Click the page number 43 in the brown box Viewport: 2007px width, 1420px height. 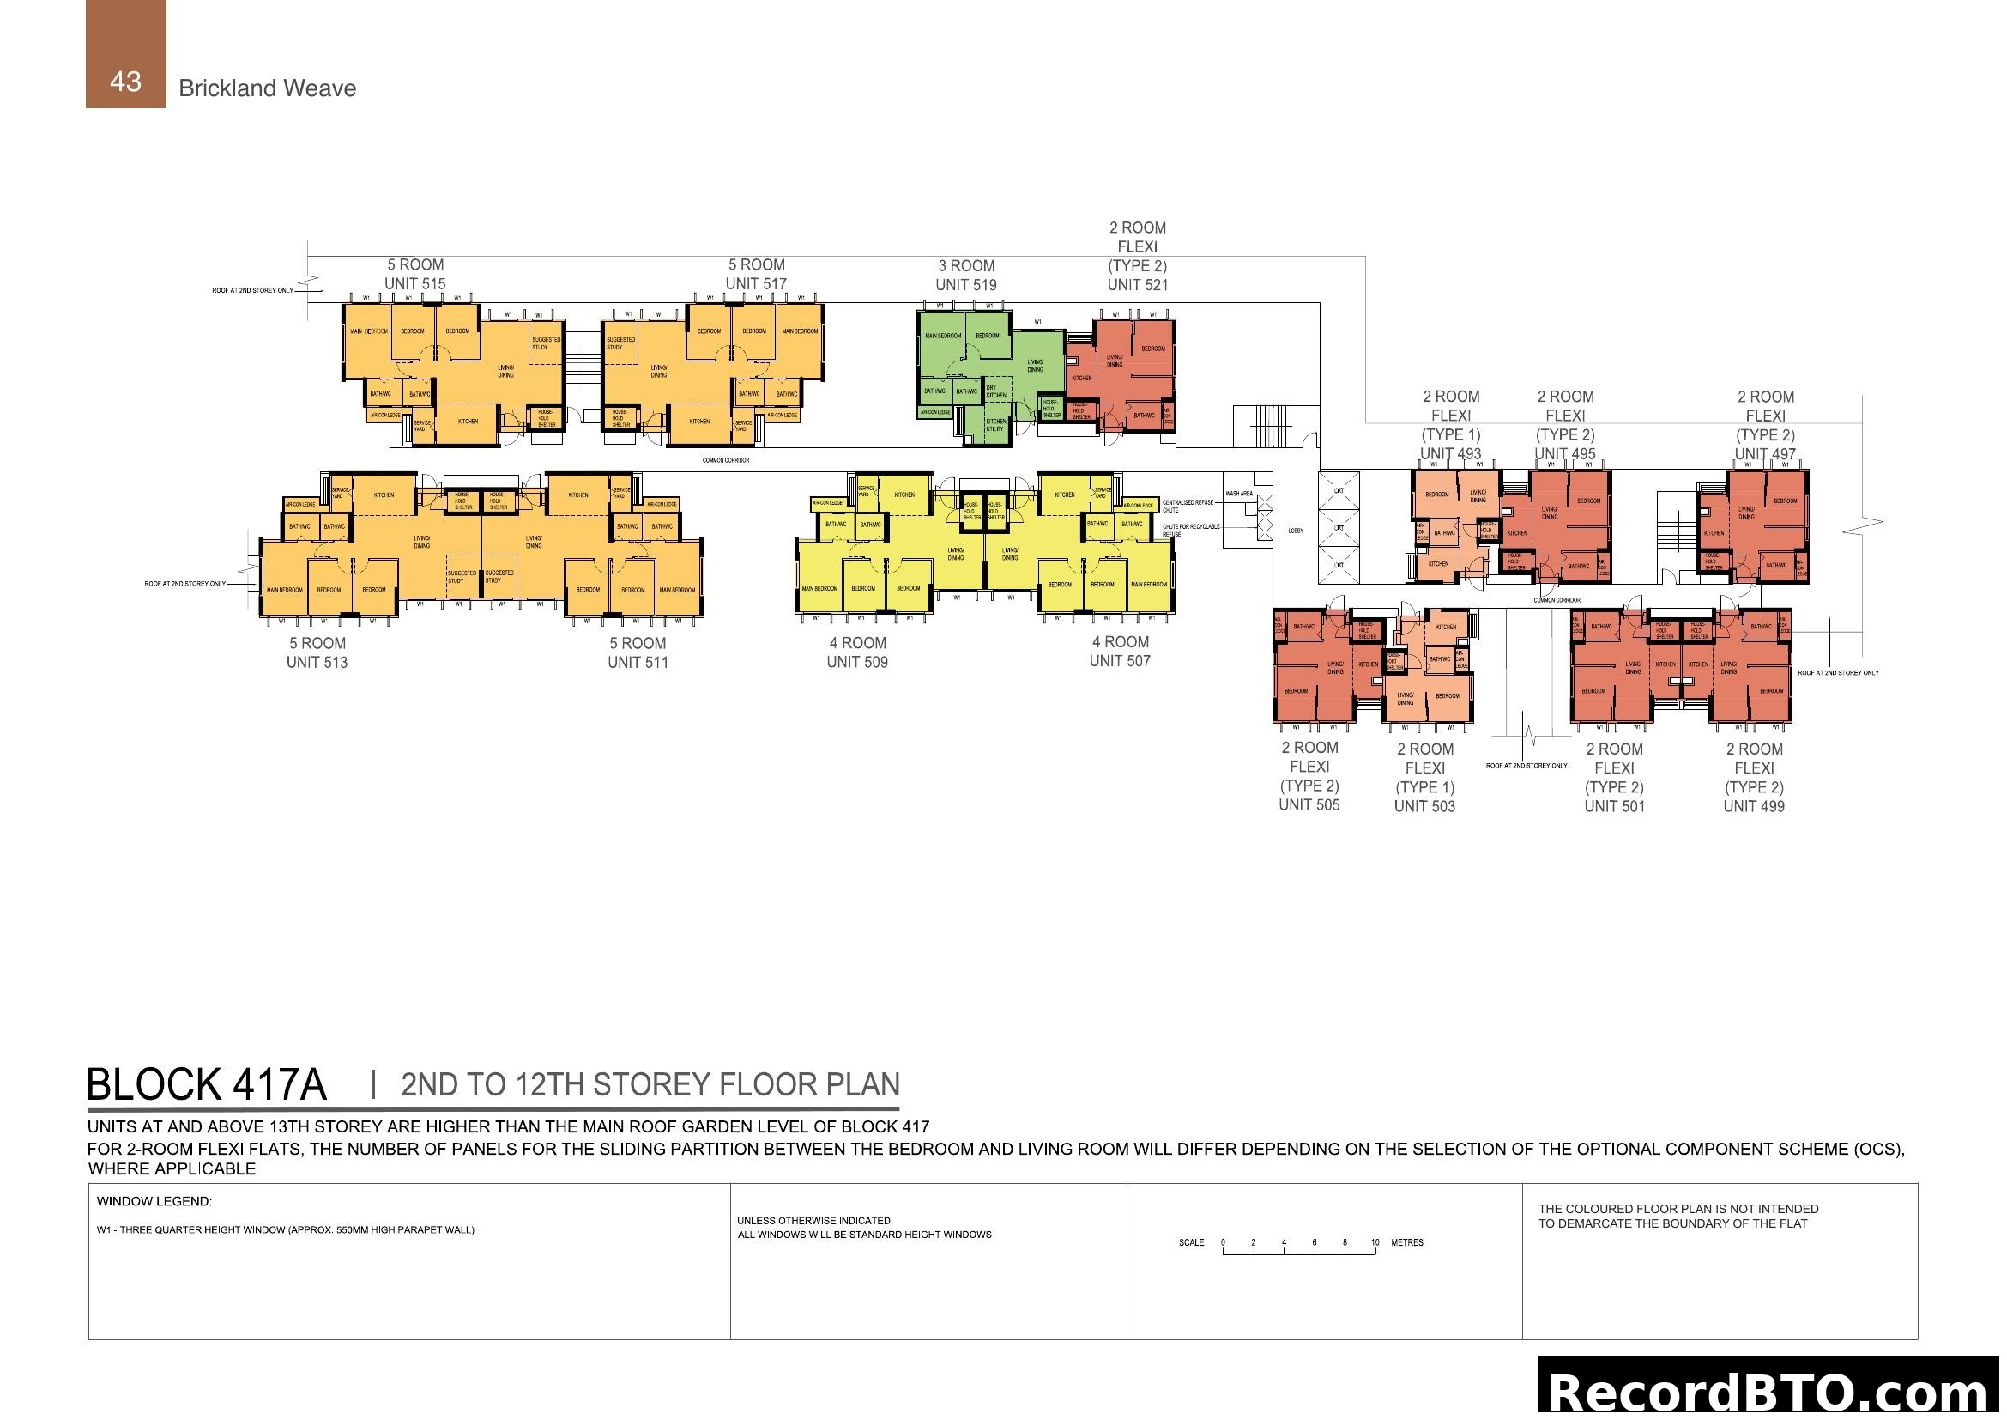tap(125, 82)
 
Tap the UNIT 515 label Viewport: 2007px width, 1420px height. tap(414, 284)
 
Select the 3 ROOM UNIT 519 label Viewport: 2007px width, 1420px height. tap(965, 275)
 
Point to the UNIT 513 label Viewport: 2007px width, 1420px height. tap(317, 663)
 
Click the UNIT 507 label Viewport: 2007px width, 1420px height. tap(1119, 661)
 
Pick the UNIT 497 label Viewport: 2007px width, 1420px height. tap(1764, 454)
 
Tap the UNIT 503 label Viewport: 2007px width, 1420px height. tap(1424, 806)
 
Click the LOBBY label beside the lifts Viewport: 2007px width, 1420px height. tap(1296, 531)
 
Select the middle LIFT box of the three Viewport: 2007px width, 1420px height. tap(1339, 528)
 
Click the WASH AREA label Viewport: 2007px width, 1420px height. tap(1239, 494)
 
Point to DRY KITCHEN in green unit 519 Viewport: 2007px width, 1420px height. tap(995, 391)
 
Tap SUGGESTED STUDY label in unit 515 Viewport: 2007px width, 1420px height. tap(546, 343)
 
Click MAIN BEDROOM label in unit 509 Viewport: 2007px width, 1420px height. tap(819, 588)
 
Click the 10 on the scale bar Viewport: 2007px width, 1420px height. tap(1374, 1242)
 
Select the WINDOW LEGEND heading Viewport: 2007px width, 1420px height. tap(154, 1201)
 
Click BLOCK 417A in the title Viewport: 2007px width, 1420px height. tap(207, 1085)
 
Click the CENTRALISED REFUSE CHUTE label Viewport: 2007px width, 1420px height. tap(1187, 506)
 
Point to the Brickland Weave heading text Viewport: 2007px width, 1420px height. tap(267, 88)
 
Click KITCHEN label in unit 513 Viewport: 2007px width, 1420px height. tap(384, 495)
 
